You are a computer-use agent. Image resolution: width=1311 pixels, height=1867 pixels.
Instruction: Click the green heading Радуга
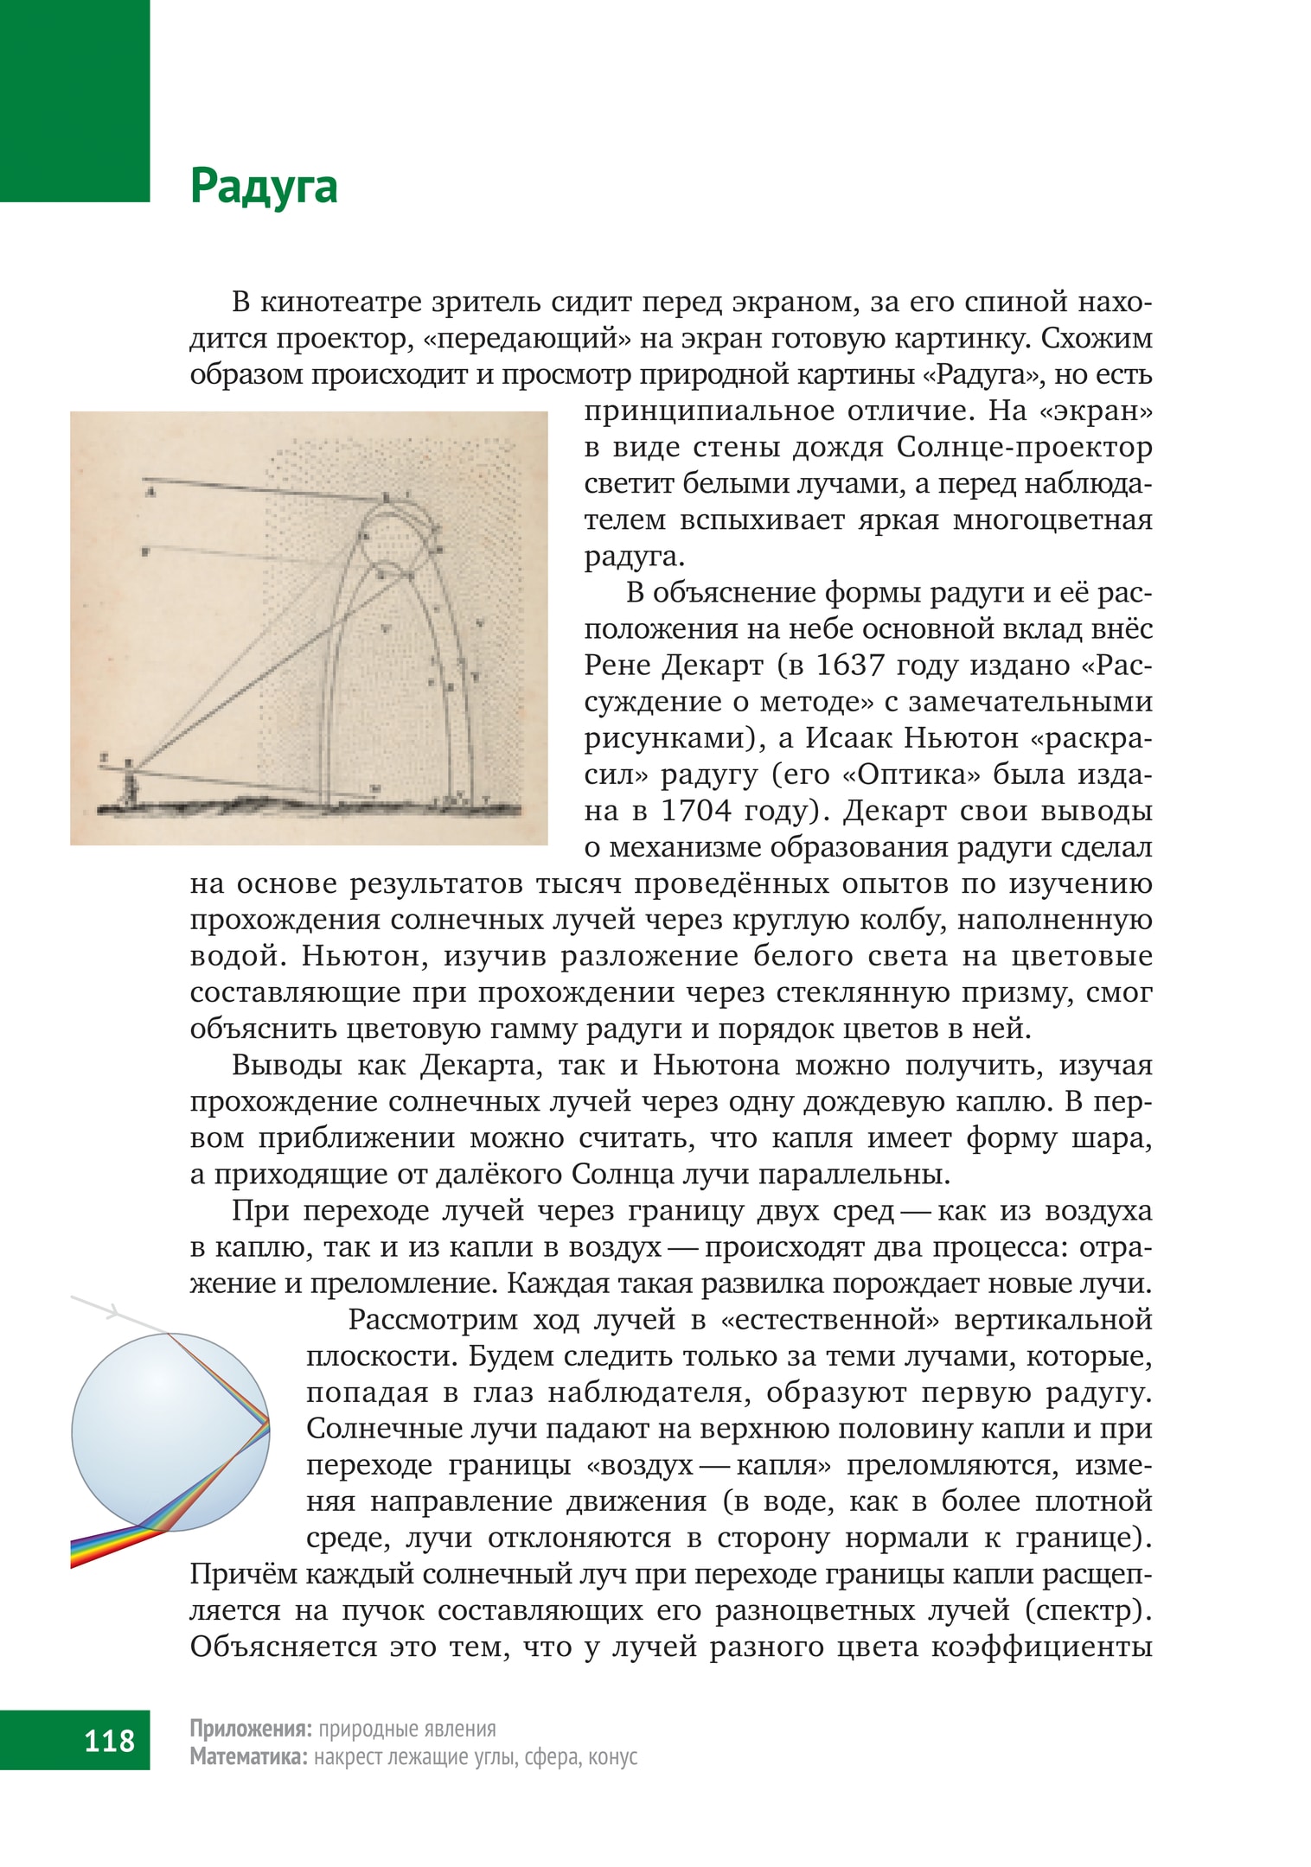click(264, 187)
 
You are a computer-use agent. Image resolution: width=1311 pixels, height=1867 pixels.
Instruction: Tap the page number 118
click(110, 1739)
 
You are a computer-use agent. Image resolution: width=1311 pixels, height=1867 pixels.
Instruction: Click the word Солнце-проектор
click(1025, 447)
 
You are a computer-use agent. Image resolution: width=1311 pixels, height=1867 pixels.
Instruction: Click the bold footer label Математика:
click(248, 1756)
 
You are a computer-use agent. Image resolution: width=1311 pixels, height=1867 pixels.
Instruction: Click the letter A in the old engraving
click(150, 494)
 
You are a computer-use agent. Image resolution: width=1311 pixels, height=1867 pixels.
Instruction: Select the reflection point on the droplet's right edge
click(268, 1421)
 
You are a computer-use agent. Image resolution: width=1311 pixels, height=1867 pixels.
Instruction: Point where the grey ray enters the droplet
click(168, 1335)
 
